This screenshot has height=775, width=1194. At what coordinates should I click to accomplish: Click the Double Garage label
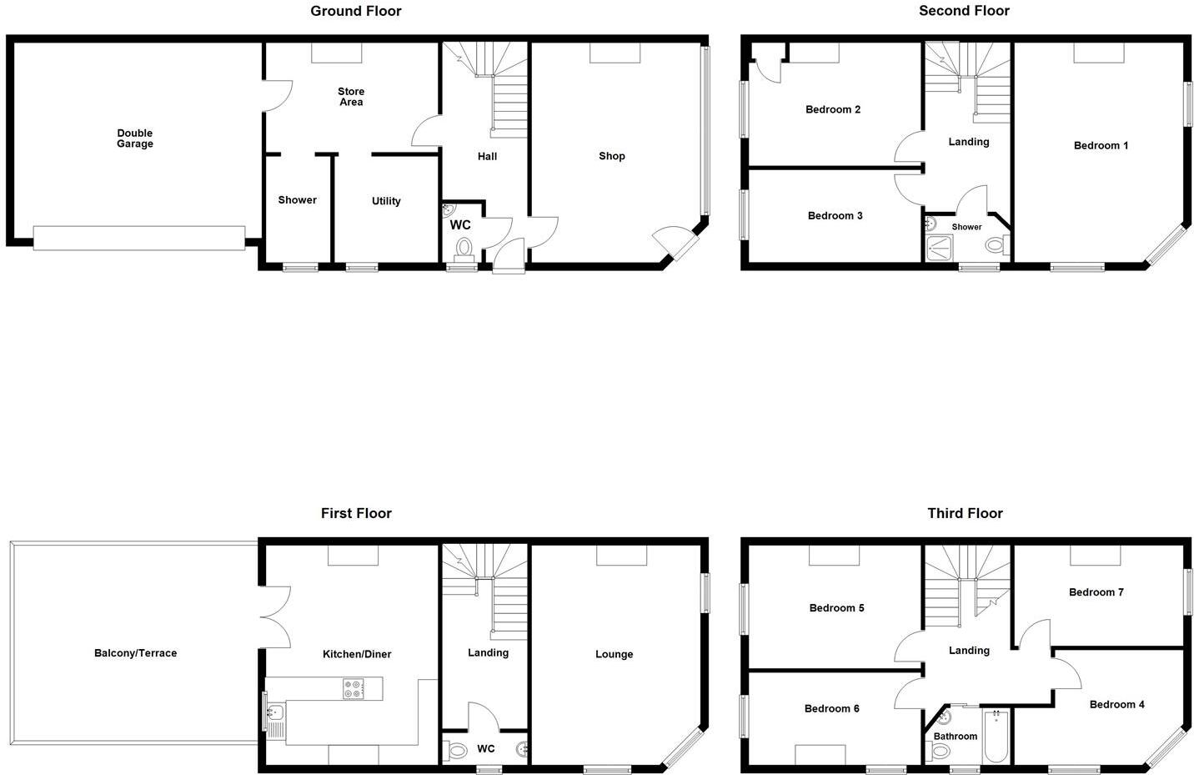click(134, 138)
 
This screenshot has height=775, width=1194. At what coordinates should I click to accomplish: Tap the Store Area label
click(351, 97)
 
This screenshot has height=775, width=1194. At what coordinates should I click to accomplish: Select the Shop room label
click(611, 156)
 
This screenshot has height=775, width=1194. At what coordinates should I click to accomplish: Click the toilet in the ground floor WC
click(464, 248)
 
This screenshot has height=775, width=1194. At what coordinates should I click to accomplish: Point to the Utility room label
click(386, 201)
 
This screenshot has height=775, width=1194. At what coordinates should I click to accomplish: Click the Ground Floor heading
click(356, 11)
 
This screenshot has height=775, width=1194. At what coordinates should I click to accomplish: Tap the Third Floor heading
click(965, 513)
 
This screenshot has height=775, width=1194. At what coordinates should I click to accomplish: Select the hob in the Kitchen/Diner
click(353, 689)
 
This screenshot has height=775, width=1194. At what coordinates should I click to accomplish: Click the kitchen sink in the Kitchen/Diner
click(275, 713)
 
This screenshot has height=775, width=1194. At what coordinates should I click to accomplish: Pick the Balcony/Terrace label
click(135, 653)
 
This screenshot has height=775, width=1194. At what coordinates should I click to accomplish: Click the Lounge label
click(614, 654)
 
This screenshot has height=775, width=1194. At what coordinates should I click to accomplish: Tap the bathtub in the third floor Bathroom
click(996, 735)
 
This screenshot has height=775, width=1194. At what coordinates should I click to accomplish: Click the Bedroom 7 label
click(1096, 592)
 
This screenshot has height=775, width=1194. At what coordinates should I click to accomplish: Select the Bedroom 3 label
click(835, 216)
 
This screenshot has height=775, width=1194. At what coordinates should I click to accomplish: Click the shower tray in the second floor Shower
click(940, 248)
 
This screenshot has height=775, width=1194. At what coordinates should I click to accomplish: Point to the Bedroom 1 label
click(1101, 145)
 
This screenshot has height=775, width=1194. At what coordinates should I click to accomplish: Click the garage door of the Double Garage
click(139, 238)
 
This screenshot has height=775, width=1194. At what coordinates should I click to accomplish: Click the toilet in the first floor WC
click(456, 751)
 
